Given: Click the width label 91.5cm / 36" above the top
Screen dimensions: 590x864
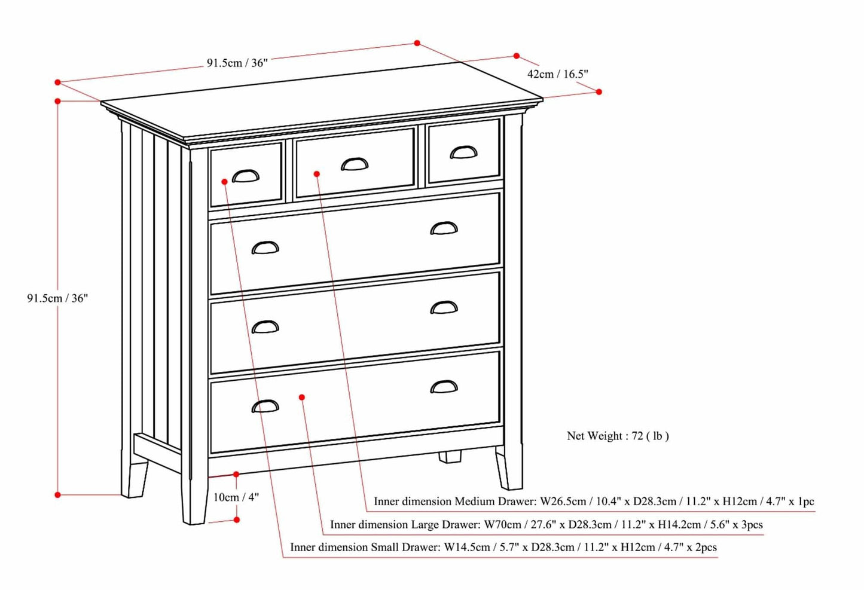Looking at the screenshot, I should coord(237,63).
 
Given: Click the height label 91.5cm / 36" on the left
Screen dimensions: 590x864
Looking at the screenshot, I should coord(57,298).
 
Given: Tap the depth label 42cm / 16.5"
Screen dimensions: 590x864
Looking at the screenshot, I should coord(557,74).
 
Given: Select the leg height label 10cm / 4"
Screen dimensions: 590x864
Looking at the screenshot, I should coord(236,497).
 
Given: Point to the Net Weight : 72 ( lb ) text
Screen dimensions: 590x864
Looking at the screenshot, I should coord(618,436).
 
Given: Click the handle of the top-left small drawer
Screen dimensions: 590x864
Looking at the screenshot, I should coord(246,176).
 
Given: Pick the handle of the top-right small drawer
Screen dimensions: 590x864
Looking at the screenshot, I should coord(463,153).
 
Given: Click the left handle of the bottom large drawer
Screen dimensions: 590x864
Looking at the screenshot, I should coord(265,406).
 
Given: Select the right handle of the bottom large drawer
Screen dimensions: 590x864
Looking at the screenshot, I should coord(444,387).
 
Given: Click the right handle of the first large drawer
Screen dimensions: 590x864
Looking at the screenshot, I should coord(444,228).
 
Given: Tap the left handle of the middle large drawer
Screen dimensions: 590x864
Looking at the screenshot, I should coord(265,327).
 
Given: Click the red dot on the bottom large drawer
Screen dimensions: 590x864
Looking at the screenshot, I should coord(303,397).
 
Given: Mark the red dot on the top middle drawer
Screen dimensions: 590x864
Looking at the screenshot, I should coord(317,174).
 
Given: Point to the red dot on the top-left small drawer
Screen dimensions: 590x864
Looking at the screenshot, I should coord(224,181).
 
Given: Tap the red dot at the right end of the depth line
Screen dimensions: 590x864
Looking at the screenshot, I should coord(599,91).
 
